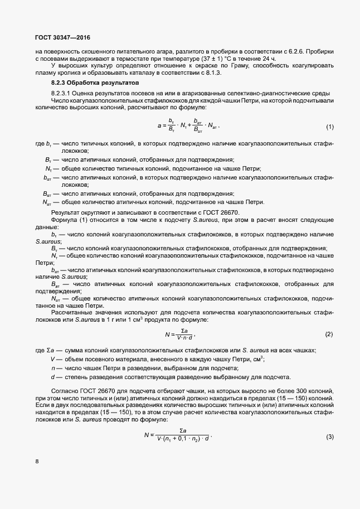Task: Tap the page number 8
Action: click(x=37, y=461)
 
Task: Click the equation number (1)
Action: click(x=329, y=127)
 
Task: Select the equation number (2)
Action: click(x=328, y=334)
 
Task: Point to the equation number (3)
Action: click(x=329, y=436)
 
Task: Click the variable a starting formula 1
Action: click(x=159, y=126)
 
